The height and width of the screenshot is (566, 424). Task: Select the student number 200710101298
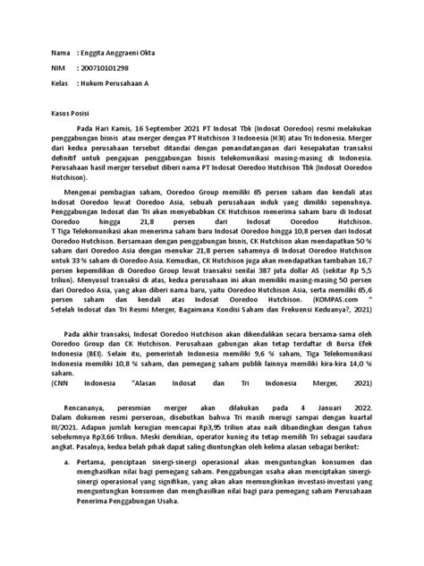[x=106, y=68]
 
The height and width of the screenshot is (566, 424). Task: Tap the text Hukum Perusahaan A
[x=114, y=82]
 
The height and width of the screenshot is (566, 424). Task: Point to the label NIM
[x=61, y=68]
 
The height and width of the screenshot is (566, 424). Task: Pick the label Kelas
[x=63, y=82]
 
